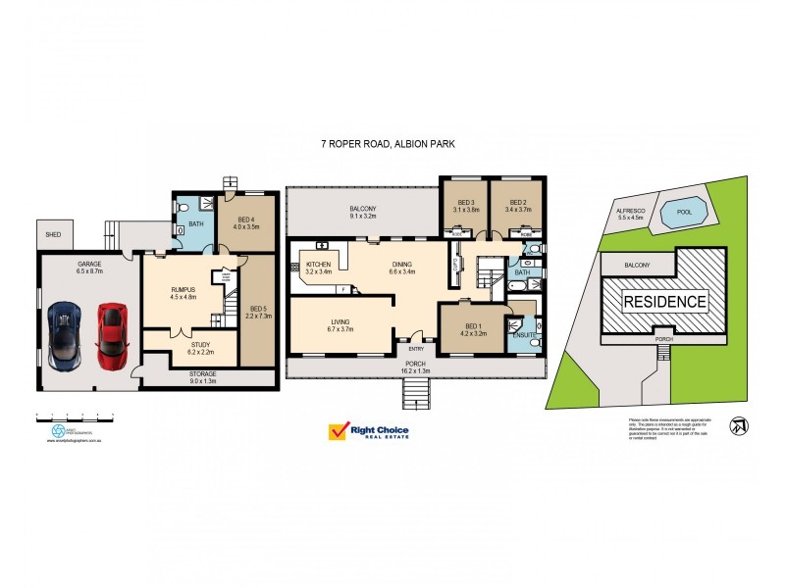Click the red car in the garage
click(110, 333)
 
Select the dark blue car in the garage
click(65, 332)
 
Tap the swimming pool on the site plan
click(676, 211)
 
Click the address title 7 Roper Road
click(389, 144)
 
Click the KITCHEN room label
click(319, 267)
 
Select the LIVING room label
click(340, 324)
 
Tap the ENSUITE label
click(523, 336)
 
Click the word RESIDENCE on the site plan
click(665, 302)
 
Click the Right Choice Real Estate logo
click(368, 431)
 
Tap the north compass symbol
click(737, 426)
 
